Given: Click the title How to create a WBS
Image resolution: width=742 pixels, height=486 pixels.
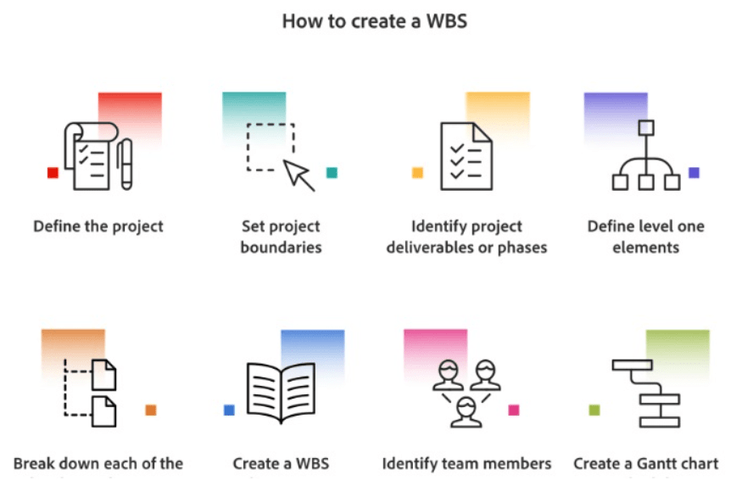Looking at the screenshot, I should tap(374, 21).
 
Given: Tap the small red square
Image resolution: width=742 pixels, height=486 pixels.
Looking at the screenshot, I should tap(53, 173).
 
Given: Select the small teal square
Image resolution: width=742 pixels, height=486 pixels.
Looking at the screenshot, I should tap(332, 173).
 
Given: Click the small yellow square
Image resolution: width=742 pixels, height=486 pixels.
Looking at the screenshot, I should tap(417, 173).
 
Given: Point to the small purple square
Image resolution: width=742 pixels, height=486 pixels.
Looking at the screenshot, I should tap(694, 173).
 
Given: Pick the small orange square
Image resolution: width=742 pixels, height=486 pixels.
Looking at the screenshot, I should tap(151, 411).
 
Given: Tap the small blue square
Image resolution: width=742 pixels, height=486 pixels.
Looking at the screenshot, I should tap(229, 411).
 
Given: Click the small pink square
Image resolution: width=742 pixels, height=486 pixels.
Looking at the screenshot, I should tap(513, 411).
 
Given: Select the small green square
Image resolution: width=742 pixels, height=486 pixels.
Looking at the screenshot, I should tap(594, 411).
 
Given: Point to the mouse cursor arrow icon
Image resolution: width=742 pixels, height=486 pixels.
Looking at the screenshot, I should tap(298, 174).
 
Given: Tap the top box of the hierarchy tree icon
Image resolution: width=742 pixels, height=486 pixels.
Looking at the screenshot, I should tap(646, 128).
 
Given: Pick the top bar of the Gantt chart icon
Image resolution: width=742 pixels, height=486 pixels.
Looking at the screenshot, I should tap(632, 366).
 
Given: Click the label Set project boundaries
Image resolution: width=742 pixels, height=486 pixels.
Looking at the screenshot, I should tap(281, 237).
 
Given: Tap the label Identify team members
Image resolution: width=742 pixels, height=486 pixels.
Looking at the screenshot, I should tap(466, 464).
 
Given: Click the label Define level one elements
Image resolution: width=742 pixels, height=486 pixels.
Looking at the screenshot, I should tap(645, 237).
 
